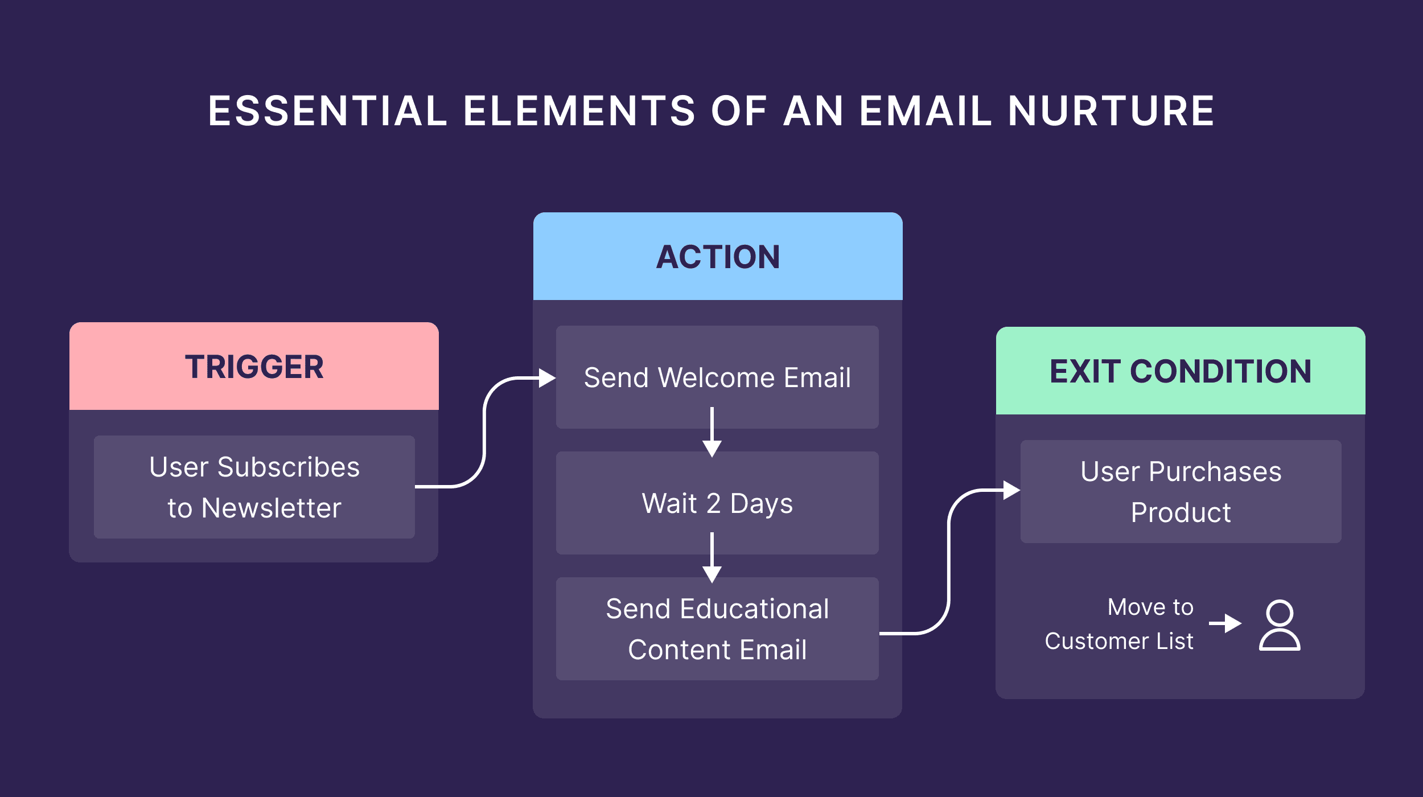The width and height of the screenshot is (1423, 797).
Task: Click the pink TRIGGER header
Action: [x=254, y=366]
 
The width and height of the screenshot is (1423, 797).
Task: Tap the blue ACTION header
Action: [x=718, y=256]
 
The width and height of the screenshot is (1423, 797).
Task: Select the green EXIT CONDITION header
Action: [x=1181, y=371]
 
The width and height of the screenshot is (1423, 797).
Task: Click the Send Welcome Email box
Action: [x=717, y=377]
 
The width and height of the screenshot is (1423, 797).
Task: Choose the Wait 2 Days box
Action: [x=717, y=503]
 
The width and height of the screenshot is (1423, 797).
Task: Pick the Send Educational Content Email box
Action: [x=717, y=629]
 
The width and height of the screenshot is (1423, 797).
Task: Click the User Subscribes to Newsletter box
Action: [x=254, y=487]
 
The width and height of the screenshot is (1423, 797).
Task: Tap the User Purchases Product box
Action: [x=1181, y=492]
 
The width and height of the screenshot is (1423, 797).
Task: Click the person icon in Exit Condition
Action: [x=1280, y=625]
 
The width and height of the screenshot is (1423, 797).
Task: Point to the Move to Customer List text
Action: [x=1119, y=624]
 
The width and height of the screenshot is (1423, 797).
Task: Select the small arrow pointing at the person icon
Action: [x=1226, y=623]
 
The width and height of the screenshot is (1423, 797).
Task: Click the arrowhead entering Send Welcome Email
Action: [x=547, y=378]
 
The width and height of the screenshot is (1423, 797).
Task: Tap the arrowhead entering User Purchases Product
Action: [x=1011, y=490]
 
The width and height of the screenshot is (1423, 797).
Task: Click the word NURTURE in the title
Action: [x=1111, y=111]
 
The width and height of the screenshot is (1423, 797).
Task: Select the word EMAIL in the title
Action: [x=926, y=111]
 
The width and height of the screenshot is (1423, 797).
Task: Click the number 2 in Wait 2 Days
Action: [x=714, y=504]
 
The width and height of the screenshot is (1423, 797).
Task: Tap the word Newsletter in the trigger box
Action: [x=271, y=508]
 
